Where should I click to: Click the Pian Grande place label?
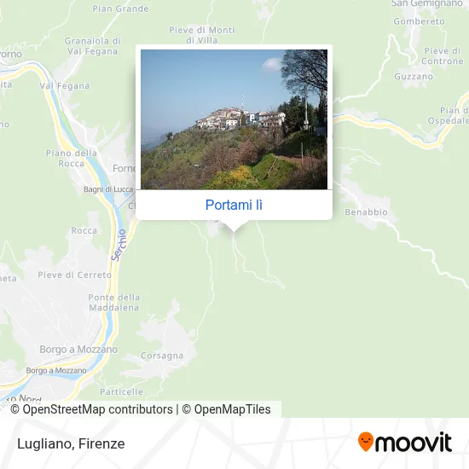120,9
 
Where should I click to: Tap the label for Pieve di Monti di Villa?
201,34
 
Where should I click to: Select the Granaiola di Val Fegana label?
93,45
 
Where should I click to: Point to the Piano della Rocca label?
72,158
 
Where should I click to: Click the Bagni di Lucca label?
103,188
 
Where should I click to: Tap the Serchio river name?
119,244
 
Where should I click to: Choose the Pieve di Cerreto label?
75,275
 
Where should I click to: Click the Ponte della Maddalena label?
113,302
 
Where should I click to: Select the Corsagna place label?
162,355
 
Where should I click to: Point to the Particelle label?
121,391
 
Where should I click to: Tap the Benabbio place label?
366,211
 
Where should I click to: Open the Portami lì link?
234,205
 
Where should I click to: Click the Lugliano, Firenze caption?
69,443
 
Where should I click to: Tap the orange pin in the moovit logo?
366,443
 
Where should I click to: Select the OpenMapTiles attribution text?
231,409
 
